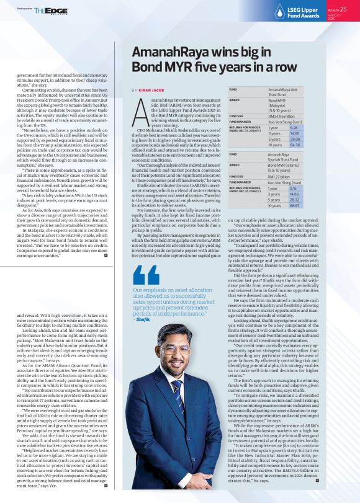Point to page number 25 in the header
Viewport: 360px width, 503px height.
(351, 9)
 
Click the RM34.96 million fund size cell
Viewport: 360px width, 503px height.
(281, 116)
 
